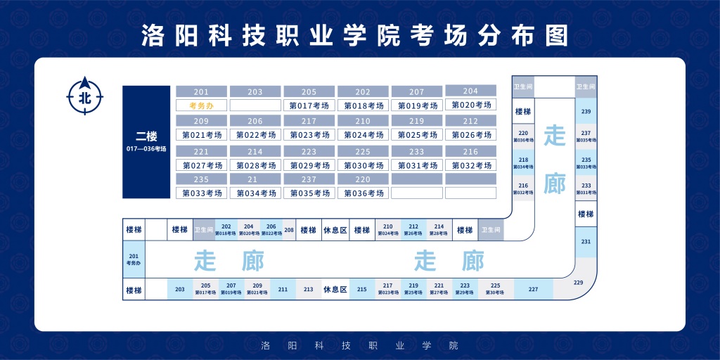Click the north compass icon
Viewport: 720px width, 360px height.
[84, 96]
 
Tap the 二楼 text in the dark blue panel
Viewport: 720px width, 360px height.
[146, 136]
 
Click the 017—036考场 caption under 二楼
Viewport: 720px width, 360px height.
[146, 149]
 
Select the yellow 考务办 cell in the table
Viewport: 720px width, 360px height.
[201, 105]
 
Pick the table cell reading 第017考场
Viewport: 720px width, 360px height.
[309, 105]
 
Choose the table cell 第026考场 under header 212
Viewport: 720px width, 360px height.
[470, 134]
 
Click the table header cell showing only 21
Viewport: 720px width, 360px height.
[255, 179]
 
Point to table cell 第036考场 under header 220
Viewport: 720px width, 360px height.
[363, 193]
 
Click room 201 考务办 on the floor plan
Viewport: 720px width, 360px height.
[134, 259]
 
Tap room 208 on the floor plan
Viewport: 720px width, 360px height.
[289, 230]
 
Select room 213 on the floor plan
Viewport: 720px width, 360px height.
[308, 289]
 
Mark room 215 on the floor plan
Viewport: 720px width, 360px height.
[362, 289]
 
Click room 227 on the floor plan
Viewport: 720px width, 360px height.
[533, 289]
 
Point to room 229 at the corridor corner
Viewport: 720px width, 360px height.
[579, 283]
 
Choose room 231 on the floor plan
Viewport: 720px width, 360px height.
[586, 241]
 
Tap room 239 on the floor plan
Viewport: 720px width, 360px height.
[586, 111]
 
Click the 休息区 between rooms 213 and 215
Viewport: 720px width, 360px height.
[335, 289]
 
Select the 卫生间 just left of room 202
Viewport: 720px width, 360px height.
[203, 230]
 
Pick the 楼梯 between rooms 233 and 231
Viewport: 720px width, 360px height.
[586, 214]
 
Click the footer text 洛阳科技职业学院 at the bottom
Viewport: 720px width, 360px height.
[359, 345]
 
